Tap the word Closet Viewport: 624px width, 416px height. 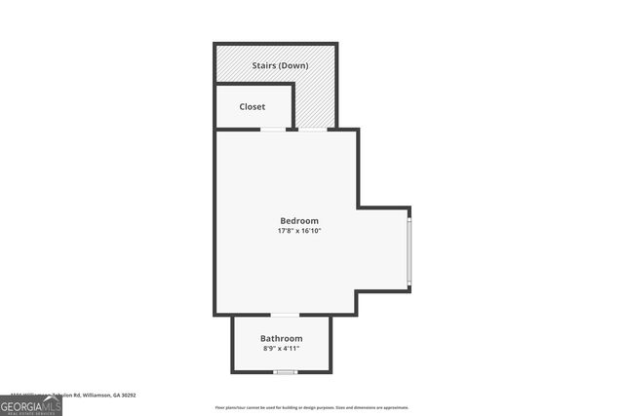(x=252, y=106)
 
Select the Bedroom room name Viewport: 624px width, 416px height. (x=299, y=220)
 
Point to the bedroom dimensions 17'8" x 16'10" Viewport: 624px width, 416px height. (x=299, y=231)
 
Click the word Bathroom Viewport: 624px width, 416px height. (x=281, y=338)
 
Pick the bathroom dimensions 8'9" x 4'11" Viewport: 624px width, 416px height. (x=281, y=348)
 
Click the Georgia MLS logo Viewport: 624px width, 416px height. (x=31, y=404)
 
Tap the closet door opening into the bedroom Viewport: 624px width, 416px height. (x=273, y=130)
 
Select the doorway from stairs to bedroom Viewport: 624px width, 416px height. (x=312, y=130)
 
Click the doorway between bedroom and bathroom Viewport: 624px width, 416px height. (x=285, y=315)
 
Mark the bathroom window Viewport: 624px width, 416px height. (x=285, y=372)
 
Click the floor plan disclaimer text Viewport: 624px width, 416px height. (x=312, y=407)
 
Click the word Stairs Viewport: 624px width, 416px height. (x=263, y=65)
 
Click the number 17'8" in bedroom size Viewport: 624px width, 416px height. (x=286, y=231)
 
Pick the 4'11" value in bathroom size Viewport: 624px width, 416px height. (x=291, y=348)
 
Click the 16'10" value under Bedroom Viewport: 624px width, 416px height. (x=311, y=231)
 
